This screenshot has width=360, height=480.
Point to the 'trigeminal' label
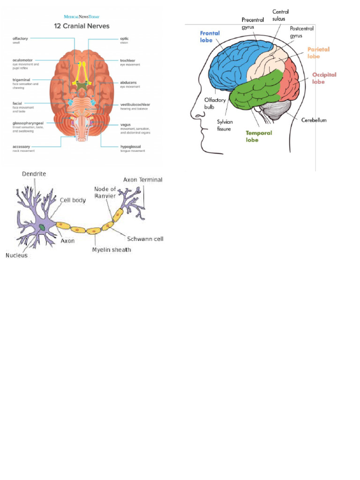pyautogui.click(x=22, y=80)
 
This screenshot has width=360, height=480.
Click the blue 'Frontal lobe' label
pyautogui.click(x=210, y=37)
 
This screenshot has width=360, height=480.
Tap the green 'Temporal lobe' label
pyautogui.click(x=259, y=136)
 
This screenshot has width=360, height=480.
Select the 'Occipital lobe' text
pyautogui.click(x=324, y=78)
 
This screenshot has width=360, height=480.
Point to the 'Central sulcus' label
pyautogui.click(x=280, y=15)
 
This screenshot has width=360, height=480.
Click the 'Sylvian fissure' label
pyautogui.click(x=224, y=125)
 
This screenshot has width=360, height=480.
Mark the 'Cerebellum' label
pyautogui.click(x=314, y=120)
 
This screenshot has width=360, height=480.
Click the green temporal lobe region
pyautogui.click(x=255, y=91)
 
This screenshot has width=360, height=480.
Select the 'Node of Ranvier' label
pyautogui.click(x=105, y=193)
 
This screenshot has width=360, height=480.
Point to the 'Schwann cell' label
pyautogui.click(x=145, y=239)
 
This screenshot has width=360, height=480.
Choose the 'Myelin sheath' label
pyautogui.click(x=111, y=250)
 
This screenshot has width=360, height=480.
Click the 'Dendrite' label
pyautogui.click(x=34, y=174)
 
